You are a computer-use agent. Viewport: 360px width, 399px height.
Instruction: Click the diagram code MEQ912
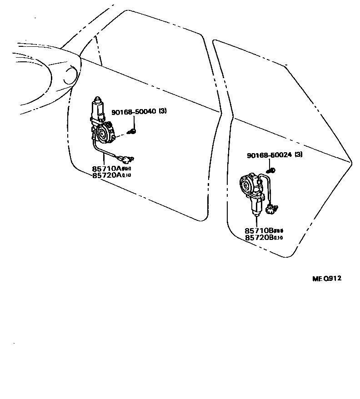[x=326, y=279]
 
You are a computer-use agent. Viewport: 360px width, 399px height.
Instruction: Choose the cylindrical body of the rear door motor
[x=256, y=206]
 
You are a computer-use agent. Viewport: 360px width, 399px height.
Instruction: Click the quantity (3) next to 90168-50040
[x=163, y=112]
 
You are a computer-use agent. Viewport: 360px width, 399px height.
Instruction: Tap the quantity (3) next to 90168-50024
[x=299, y=155]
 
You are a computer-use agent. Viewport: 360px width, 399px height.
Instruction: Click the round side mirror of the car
[x=71, y=75]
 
